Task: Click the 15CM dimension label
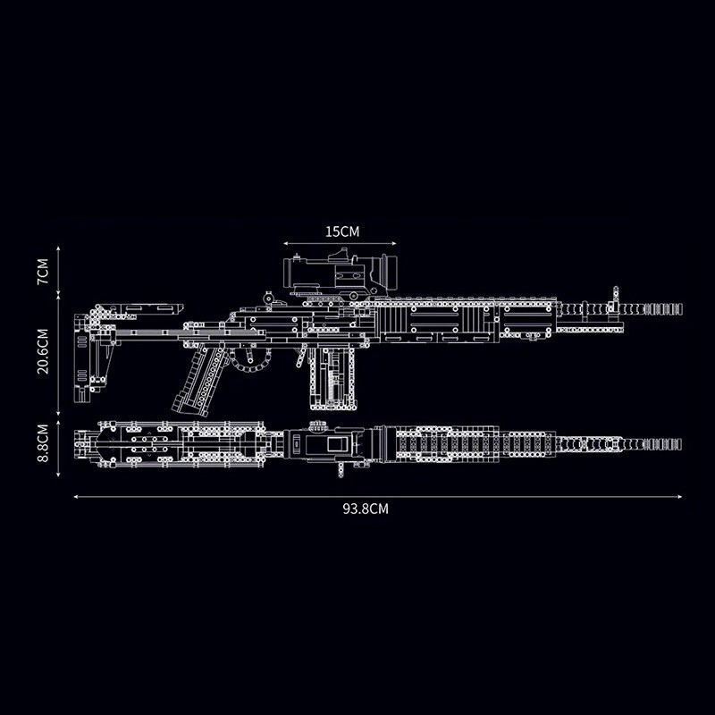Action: pyautogui.click(x=342, y=231)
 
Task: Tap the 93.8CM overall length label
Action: pyautogui.click(x=366, y=509)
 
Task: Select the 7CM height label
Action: pyautogui.click(x=43, y=272)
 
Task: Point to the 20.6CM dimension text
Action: pyautogui.click(x=43, y=351)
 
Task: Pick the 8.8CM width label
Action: pyautogui.click(x=43, y=442)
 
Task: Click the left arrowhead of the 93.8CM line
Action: pyautogui.click(x=75, y=497)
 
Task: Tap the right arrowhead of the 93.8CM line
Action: pyautogui.click(x=680, y=497)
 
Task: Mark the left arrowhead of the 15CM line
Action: pyautogui.click(x=285, y=243)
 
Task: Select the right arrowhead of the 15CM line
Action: pyautogui.click(x=394, y=243)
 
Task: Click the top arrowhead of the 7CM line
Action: pyautogui.click(x=58, y=248)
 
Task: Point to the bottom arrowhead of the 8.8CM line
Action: pyautogui.click(x=58, y=475)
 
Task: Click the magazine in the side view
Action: pyautogui.click(x=332, y=378)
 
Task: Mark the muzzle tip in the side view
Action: pyautogui.click(x=681, y=308)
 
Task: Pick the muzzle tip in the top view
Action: pyautogui.click(x=680, y=444)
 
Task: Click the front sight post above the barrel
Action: pyautogui.click(x=616, y=298)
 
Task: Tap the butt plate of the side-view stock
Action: pyautogui.click(x=81, y=358)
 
